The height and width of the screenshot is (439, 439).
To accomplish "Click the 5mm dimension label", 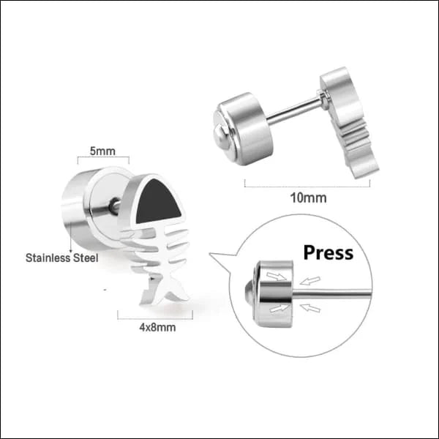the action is click(102, 151).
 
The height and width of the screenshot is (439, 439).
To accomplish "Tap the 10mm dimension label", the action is click(308, 198).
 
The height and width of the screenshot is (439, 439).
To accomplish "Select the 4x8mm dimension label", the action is click(157, 327).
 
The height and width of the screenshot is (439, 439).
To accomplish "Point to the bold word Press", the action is click(328, 252).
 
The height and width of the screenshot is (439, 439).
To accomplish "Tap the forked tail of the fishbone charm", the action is click(165, 291).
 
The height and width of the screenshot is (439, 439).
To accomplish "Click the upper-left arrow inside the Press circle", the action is click(277, 277).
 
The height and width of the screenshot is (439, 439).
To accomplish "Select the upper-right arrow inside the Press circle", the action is click(310, 280).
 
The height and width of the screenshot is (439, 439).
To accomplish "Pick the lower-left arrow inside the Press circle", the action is click(279, 308).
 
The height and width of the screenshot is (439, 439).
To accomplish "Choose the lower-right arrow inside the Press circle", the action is click(310, 308).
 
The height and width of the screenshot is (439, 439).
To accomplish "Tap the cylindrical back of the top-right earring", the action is click(244, 129).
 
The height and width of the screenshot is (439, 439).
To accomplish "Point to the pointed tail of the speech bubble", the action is click(217, 258).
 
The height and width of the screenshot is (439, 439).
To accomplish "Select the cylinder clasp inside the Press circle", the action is click(274, 294).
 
